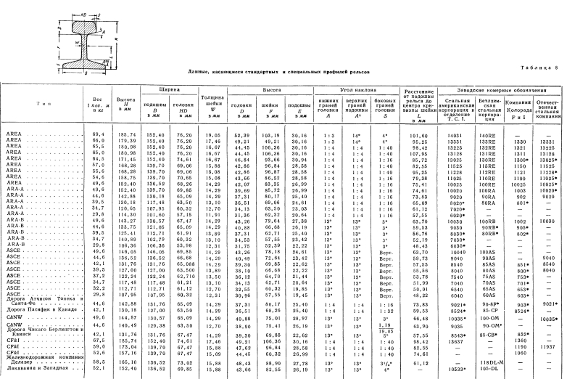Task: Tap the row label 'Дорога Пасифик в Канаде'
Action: [x=38, y=310]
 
